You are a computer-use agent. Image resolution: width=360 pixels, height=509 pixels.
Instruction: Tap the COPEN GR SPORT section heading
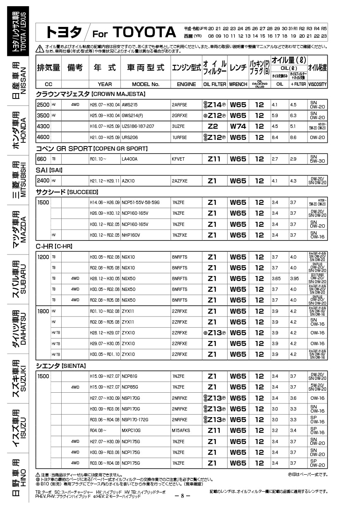point(91,148)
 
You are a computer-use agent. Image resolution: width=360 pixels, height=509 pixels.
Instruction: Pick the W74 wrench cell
point(238,126)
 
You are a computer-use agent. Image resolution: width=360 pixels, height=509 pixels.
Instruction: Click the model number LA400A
point(130,159)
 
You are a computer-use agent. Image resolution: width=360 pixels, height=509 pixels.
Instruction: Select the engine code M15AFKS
point(181,430)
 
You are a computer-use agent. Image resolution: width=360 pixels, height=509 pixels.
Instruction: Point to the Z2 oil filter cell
point(213,126)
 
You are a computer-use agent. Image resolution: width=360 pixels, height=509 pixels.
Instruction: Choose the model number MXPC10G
point(131,430)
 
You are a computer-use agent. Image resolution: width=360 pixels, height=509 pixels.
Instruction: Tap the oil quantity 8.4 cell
point(275,137)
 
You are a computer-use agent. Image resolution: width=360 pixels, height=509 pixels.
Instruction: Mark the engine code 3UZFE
point(179,126)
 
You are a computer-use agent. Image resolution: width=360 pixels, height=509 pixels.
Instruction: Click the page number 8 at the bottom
point(182,496)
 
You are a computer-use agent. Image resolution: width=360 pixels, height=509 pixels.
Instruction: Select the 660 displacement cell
point(42,159)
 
